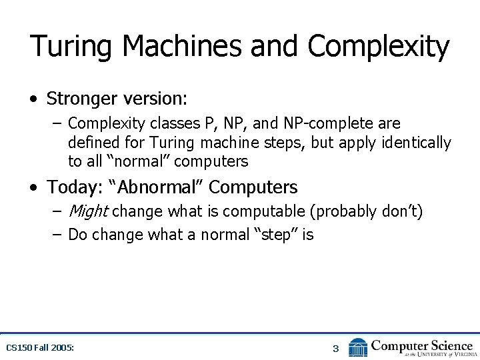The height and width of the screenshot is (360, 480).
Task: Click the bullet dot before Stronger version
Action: click(34, 99)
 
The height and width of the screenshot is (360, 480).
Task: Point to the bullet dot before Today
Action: click(34, 188)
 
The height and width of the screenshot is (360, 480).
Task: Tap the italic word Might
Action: click(88, 212)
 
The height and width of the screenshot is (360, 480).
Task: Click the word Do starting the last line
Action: click(78, 235)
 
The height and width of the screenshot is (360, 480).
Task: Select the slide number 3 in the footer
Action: click(336, 348)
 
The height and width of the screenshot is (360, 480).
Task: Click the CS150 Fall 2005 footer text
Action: click(39, 348)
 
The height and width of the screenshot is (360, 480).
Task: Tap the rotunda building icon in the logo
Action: click(358, 347)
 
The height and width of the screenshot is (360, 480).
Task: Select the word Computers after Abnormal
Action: click(253, 187)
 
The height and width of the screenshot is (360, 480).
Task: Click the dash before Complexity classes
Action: click(58, 123)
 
